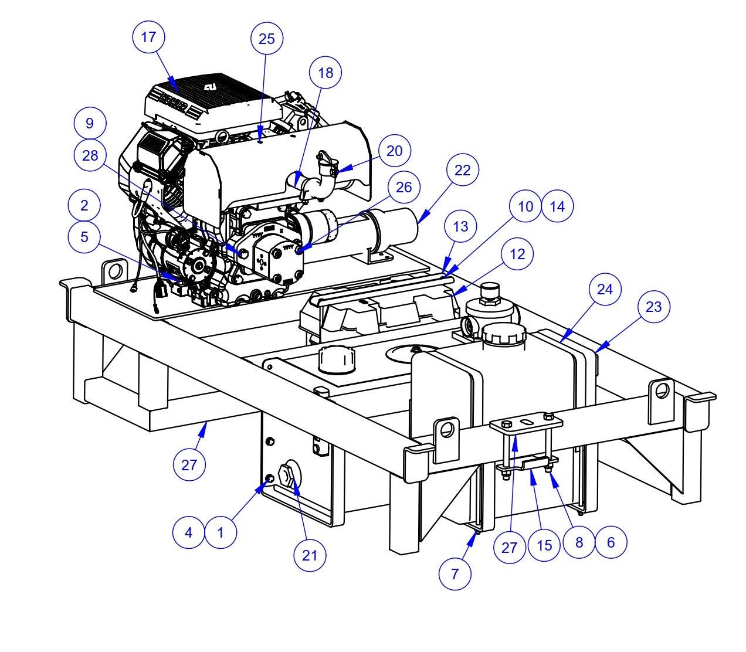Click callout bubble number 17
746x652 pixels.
pos(149,37)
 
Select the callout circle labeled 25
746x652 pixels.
pos(267,39)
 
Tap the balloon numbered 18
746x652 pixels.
pos(325,73)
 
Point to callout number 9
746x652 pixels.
pos(90,124)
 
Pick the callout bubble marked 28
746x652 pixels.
pos(90,155)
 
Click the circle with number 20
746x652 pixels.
pos(395,151)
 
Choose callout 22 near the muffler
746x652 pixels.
pos(463,170)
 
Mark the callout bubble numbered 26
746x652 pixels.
pos(404,187)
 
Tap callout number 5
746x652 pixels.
pos(84,237)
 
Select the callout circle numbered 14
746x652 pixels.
pos(557,206)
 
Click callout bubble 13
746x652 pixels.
pos(461,226)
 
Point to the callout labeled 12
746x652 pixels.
pos(517,254)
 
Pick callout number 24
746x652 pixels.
pos(605,289)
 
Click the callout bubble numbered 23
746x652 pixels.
pos(653,307)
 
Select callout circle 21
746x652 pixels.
pos(310,555)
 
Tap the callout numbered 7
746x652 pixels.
pos(455,574)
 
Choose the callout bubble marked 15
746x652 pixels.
pos(544,545)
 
